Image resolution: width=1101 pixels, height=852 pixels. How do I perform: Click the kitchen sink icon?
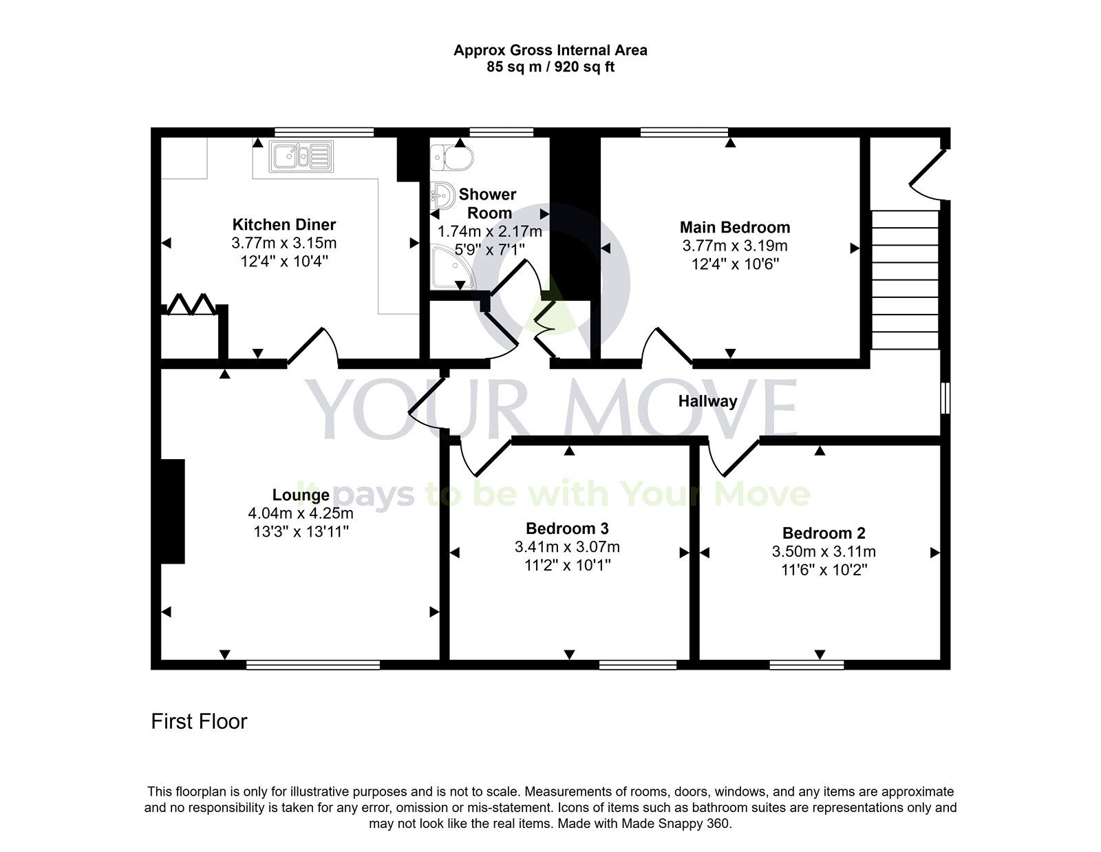pos(301,156)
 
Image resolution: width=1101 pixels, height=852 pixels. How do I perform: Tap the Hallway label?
pos(707,401)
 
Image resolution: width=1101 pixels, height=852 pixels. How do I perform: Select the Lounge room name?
pos(301,495)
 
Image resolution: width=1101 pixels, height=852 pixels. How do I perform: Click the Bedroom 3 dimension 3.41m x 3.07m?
pos(567,547)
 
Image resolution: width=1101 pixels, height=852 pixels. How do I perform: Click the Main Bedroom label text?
pos(735,227)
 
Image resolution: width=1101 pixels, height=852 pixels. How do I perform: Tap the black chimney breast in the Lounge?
pos(173,511)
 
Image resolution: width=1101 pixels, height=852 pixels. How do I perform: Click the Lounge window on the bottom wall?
pos(313,665)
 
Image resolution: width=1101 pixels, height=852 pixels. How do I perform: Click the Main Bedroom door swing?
pos(666,346)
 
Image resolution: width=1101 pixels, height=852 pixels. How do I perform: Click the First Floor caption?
pos(199,721)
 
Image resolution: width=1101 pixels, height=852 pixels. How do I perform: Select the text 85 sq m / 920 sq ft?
pos(550,67)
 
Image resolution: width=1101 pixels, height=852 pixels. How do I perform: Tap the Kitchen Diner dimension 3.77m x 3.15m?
pos(284,243)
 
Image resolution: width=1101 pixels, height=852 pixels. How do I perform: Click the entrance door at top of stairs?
pos(928,172)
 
